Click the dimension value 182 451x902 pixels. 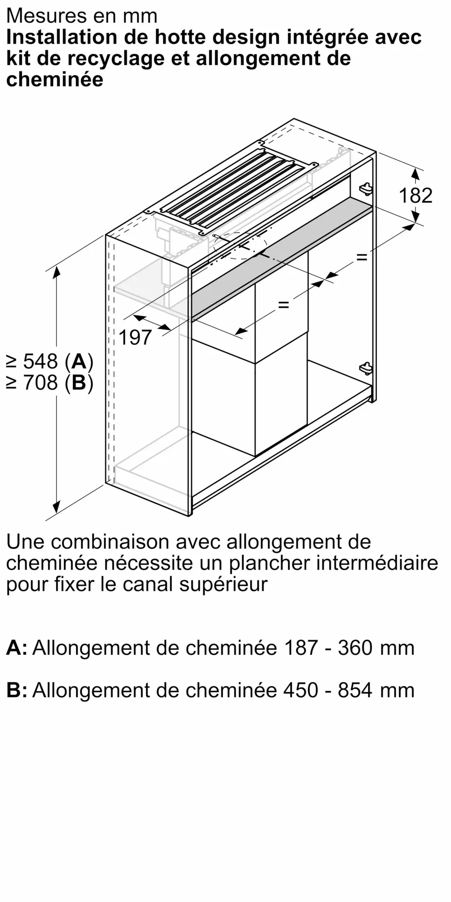415,195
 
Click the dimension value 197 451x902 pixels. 135,337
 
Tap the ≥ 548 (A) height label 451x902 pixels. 50,361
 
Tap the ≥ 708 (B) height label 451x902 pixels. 50,383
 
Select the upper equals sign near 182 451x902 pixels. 361,257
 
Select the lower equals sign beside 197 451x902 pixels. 283,305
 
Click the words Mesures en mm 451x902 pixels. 82,16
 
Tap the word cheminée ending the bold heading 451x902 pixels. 55,80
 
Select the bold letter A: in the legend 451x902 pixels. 17,648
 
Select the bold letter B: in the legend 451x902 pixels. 17,690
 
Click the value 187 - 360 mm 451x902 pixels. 349,648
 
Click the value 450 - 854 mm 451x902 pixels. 349,690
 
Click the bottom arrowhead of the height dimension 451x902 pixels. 56,507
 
